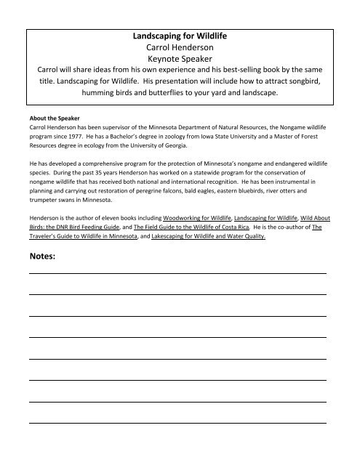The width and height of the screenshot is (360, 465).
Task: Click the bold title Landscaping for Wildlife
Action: pyautogui.click(x=179, y=36)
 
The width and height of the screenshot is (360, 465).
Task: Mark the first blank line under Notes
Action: pyautogui.click(x=177, y=272)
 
